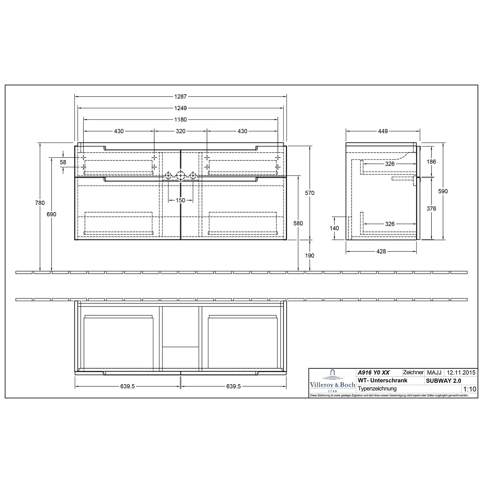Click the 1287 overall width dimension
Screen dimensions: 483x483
point(180,96)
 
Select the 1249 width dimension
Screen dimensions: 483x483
point(180,108)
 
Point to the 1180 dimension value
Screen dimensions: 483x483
point(180,119)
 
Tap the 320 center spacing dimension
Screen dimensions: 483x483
point(180,131)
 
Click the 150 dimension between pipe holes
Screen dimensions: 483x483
point(180,200)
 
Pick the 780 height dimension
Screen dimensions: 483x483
point(40,203)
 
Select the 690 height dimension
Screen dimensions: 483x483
point(52,214)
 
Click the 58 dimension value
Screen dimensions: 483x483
point(63,162)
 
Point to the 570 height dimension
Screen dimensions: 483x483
point(310,193)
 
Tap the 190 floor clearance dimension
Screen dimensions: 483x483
point(310,256)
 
